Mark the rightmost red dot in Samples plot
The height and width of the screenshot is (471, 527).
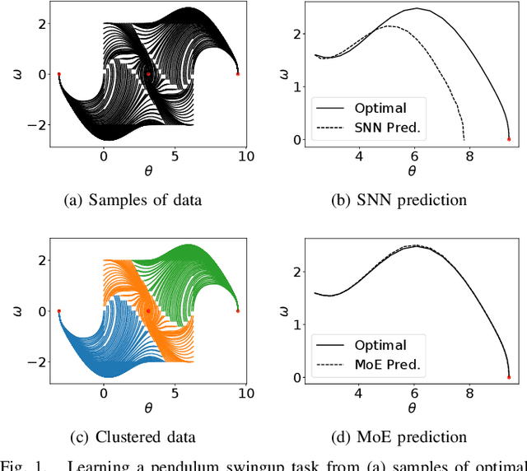(x=238, y=74)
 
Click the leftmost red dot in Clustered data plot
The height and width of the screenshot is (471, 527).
(x=58, y=311)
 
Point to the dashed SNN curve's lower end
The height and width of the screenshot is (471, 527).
(x=464, y=139)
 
